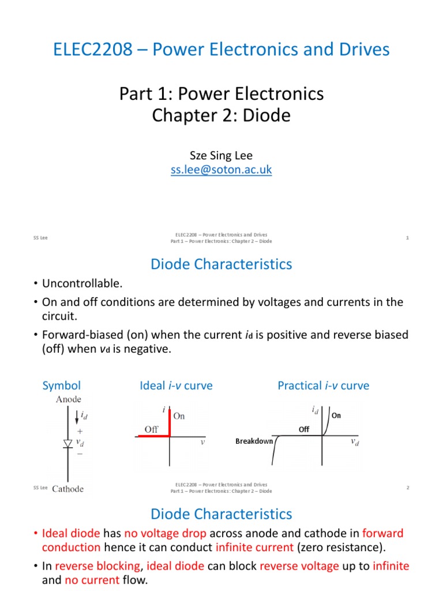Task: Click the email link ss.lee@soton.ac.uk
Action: tap(221, 170)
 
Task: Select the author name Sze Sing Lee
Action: tap(221, 156)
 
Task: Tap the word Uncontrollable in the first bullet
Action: tap(82, 283)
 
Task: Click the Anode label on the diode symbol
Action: tap(68, 399)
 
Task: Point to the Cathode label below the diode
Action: tap(68, 489)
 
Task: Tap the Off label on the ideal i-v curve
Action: tap(151, 429)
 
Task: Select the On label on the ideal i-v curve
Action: tap(179, 416)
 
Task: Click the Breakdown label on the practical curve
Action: tap(254, 442)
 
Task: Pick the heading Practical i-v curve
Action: tap(323, 386)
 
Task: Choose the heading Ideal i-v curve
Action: tap(175, 386)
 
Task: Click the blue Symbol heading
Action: tap(62, 386)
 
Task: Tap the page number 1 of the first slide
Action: tap(407, 238)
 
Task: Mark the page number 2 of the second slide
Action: tap(407, 488)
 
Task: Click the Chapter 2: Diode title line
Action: tap(221, 116)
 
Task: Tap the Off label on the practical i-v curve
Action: tap(304, 429)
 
